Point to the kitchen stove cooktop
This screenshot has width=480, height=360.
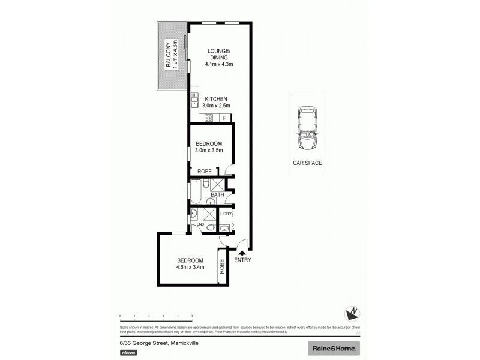pos(209,118)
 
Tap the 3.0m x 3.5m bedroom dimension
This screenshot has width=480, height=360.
pos(209,151)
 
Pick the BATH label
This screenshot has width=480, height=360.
pos(217,194)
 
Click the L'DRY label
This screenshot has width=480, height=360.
pos(226,214)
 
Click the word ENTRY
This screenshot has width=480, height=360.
pos(242,260)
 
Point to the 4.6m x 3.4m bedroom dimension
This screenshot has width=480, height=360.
pos(191,267)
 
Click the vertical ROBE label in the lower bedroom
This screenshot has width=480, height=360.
pos(222,266)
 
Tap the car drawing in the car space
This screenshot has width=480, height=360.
pos(307,129)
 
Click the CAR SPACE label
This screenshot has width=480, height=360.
pos(307,163)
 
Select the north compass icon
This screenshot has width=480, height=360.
pos(352,312)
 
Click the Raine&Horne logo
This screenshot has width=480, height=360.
pos(334,348)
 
